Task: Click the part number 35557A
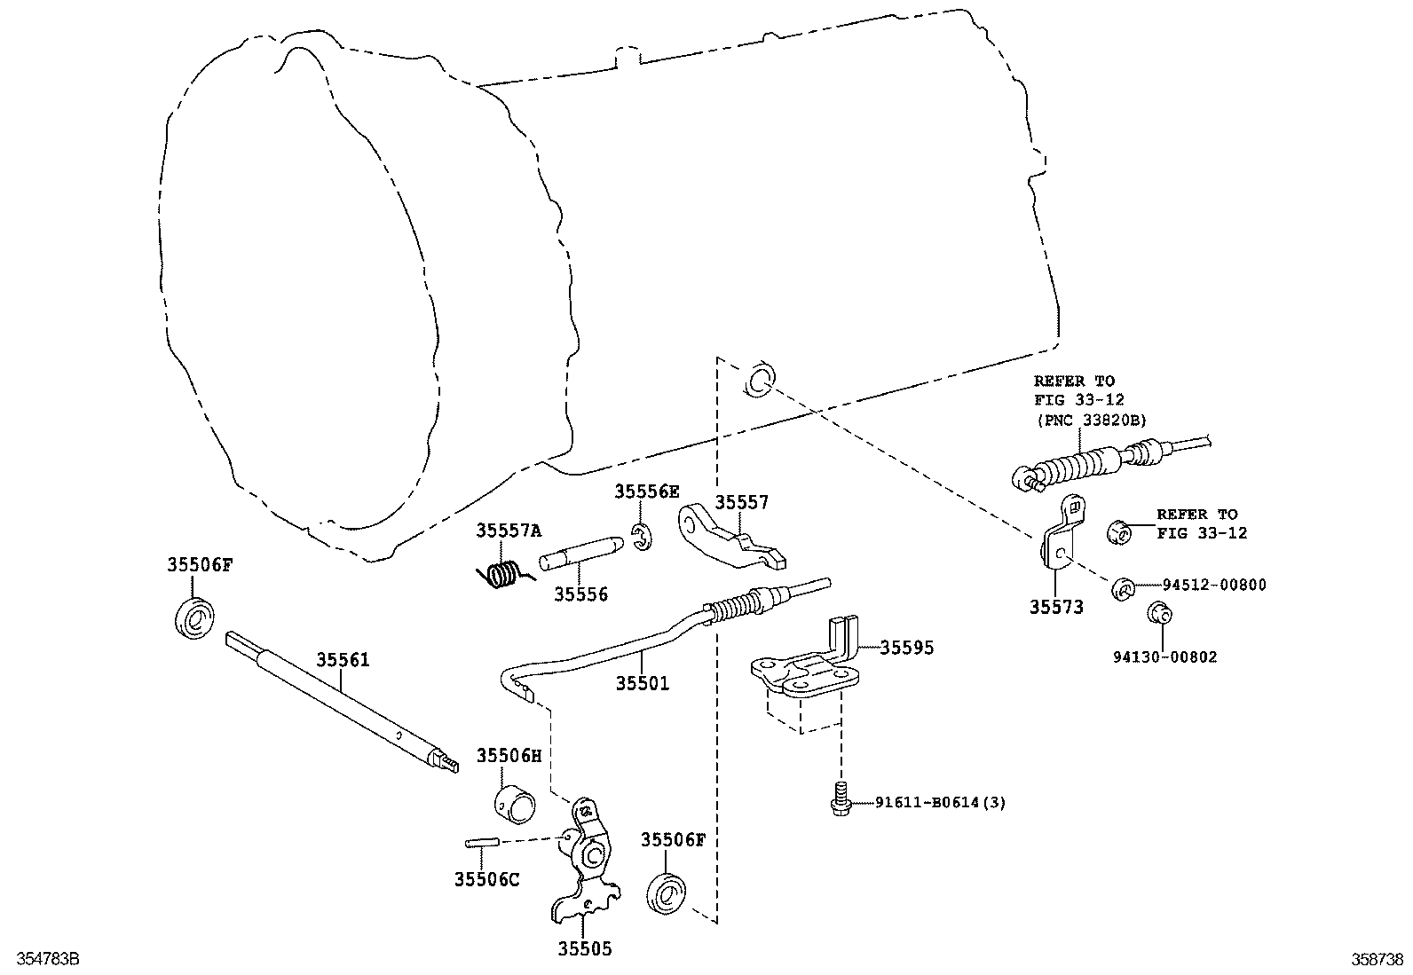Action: click(x=508, y=531)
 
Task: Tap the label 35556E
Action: click(x=647, y=491)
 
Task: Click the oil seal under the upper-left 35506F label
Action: click(x=193, y=617)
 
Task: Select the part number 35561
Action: click(x=343, y=660)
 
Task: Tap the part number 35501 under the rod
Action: click(x=643, y=683)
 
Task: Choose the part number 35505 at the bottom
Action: click(x=584, y=949)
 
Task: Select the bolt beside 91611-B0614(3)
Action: click(x=840, y=800)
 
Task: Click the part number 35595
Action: click(x=906, y=648)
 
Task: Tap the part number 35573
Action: click(x=1056, y=607)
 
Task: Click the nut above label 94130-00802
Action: click(x=1158, y=613)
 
